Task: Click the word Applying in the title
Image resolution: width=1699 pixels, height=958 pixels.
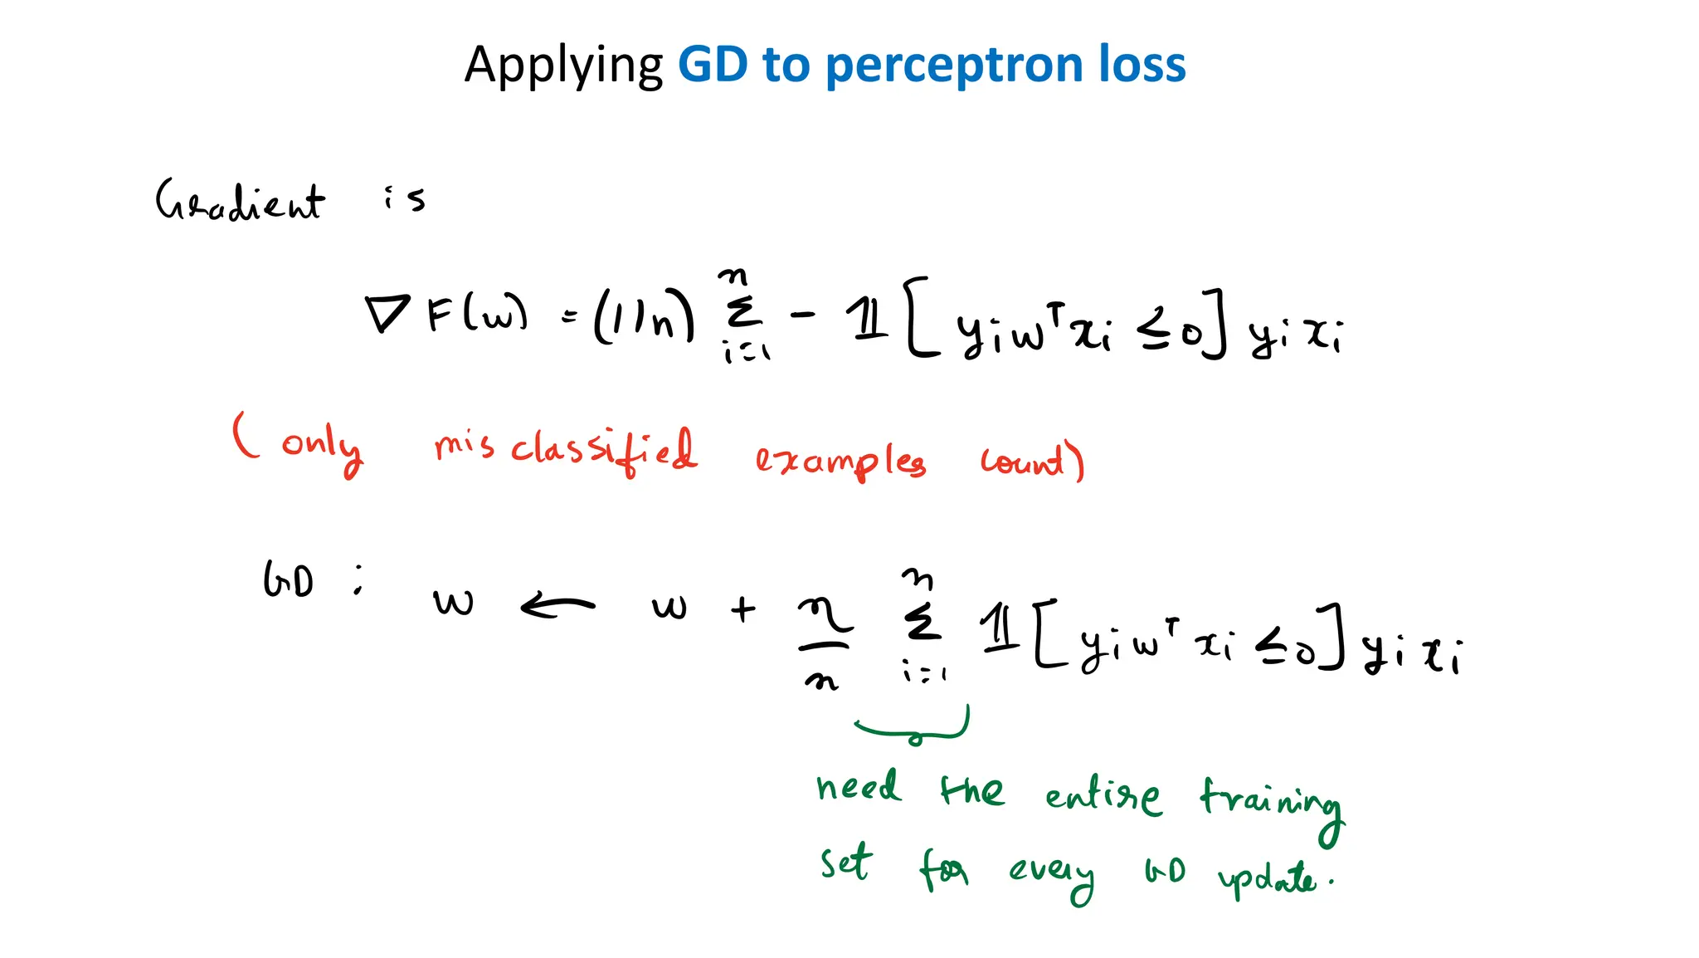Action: coord(563,66)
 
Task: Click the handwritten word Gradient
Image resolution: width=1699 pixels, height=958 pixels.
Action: coord(240,202)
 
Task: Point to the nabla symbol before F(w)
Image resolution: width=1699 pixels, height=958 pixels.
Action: coord(387,313)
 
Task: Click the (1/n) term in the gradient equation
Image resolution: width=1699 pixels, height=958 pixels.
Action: coord(644,315)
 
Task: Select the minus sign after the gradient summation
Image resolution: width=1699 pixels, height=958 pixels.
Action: coord(803,315)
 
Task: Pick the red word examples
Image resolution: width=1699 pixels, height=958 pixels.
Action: coord(840,461)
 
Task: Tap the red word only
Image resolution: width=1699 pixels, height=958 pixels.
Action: coord(322,447)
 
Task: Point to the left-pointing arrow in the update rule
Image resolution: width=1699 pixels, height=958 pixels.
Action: coord(557,606)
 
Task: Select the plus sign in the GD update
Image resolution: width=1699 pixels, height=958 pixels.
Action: coord(743,610)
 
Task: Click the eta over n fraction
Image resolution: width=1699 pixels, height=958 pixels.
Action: coord(824,643)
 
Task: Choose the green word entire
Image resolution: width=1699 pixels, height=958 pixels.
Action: coord(1103,796)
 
